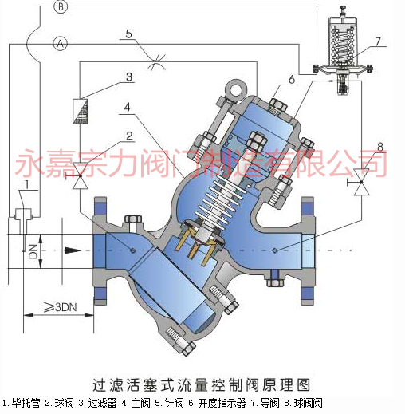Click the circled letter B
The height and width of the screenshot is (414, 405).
coord(61,6)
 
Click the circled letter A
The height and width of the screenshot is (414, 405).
coord(61,43)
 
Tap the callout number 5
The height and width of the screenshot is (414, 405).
coord(128,34)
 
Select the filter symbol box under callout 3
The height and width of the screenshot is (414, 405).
coord(81,111)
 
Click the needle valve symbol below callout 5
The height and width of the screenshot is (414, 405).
coord(156,62)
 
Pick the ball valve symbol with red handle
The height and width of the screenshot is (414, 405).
coord(79,175)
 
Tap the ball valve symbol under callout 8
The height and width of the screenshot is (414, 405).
coord(360,182)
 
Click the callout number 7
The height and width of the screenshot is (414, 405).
coord(378,41)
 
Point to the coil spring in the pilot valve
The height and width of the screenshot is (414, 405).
coord(342,45)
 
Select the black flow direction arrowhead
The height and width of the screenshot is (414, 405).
coord(73,250)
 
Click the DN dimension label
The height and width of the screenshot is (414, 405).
coord(33,252)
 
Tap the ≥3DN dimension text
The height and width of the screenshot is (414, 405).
coord(61,307)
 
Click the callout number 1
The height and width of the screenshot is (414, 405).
coord(26,184)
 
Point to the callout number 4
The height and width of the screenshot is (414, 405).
coord(128,107)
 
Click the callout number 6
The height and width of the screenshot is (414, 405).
coord(292,79)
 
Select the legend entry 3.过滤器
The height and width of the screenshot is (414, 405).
coord(97,403)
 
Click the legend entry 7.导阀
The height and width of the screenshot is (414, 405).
coord(265,403)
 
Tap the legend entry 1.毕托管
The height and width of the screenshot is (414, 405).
coord(22,403)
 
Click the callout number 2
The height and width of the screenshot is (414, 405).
coord(129,136)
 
